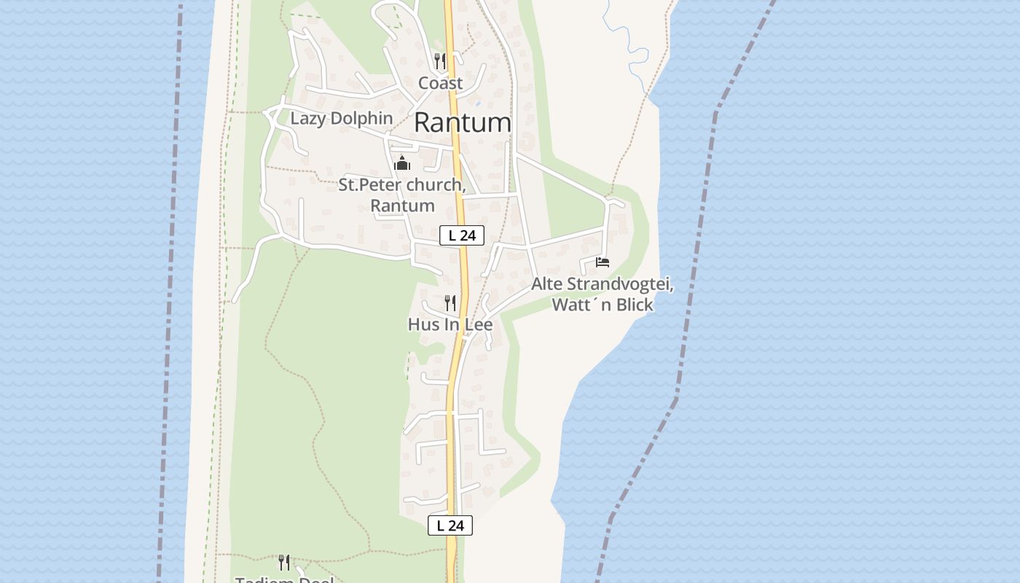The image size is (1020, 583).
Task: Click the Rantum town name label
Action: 462,122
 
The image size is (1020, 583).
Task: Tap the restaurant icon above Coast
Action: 439,60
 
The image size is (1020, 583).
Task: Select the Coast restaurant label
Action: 440,83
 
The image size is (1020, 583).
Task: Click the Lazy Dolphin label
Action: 341,118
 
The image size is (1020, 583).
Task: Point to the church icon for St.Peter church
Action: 401,163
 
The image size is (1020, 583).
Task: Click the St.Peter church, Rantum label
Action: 401,195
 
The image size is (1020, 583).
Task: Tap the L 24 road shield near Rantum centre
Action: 462,235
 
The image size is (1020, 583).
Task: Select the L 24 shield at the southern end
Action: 450,525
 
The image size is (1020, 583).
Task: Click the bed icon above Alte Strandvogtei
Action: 602,262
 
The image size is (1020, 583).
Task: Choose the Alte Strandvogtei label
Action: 602,284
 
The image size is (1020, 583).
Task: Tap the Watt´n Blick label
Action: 602,305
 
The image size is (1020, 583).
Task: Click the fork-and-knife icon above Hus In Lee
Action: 450,302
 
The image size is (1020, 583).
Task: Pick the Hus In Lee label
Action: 450,324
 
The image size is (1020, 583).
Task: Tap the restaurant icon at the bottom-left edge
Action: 283,562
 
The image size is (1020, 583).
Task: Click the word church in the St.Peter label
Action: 433,185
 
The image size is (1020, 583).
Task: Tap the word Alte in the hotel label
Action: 546,284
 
